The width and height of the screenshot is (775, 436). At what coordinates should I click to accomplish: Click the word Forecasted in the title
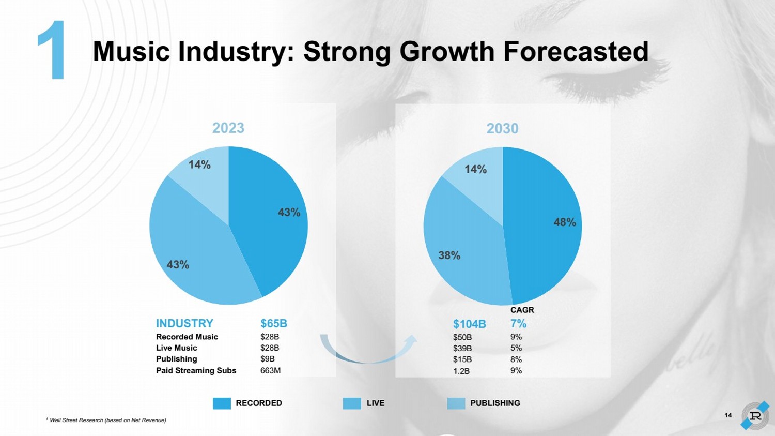tap(576, 51)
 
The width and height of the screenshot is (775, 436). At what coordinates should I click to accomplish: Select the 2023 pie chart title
tap(228, 128)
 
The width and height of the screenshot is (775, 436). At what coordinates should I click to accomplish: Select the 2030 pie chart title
tap(502, 128)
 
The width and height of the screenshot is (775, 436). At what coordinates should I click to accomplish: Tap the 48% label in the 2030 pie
tap(565, 222)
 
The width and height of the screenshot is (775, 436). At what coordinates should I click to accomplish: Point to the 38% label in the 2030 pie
tap(449, 255)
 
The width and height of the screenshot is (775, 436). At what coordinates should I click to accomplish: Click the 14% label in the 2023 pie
tap(199, 165)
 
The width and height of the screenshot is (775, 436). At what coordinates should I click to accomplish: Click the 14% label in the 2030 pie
tap(475, 170)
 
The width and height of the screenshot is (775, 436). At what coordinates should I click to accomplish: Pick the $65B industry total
tap(273, 324)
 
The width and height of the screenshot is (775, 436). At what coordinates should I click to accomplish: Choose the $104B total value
tap(469, 324)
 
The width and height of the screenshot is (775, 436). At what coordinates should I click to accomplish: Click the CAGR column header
tap(522, 310)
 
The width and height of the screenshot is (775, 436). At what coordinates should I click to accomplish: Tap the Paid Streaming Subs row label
tap(196, 371)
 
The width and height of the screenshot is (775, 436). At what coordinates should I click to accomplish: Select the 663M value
tap(270, 371)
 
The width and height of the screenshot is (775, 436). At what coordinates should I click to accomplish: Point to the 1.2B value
tap(461, 371)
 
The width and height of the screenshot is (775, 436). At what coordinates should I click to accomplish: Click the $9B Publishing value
tap(267, 359)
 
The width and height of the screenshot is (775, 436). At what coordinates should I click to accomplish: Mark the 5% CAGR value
tap(516, 348)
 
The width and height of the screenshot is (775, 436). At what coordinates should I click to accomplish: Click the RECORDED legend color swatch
tap(222, 403)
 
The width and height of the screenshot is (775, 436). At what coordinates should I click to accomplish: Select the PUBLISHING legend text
tap(495, 403)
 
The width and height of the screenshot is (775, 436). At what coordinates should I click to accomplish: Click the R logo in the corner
tap(755, 415)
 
